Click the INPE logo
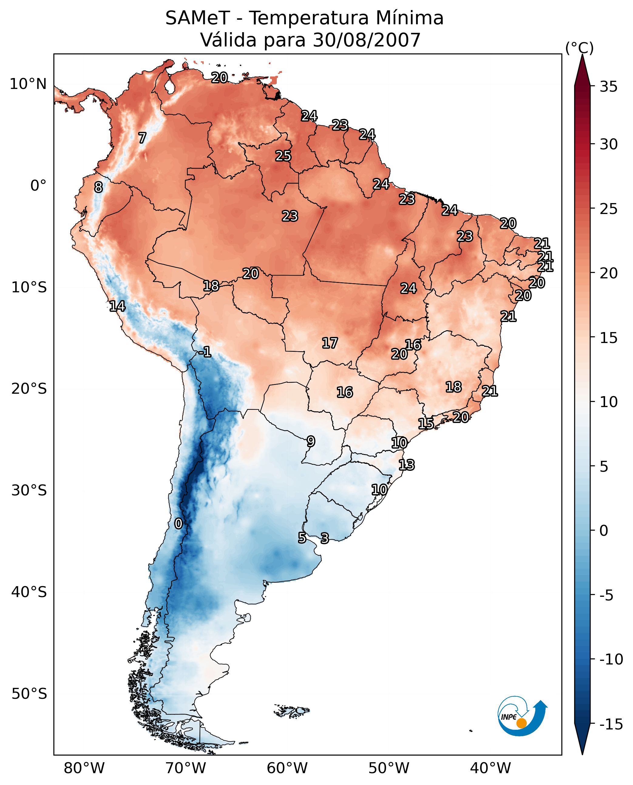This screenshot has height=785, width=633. click(x=522, y=717)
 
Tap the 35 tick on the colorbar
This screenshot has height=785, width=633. click(x=608, y=87)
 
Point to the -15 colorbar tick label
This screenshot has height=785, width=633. click(x=611, y=725)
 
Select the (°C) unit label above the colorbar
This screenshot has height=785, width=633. click(x=579, y=48)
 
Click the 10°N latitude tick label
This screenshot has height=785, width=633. click(x=28, y=84)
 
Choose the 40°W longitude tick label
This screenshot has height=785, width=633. click(x=490, y=768)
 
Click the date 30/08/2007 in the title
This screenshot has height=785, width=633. click(x=367, y=40)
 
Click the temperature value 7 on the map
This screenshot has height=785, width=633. click(x=142, y=138)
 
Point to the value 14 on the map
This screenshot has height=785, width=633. click(x=117, y=306)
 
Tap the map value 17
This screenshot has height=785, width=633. click(x=330, y=343)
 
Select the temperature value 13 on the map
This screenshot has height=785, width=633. click(x=407, y=465)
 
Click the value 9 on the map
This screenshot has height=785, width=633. click(x=311, y=441)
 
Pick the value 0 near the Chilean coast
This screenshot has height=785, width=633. click(x=178, y=524)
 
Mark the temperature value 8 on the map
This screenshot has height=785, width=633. click(x=98, y=188)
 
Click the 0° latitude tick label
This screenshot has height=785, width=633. click(x=38, y=186)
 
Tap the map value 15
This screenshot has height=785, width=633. click(x=425, y=424)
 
